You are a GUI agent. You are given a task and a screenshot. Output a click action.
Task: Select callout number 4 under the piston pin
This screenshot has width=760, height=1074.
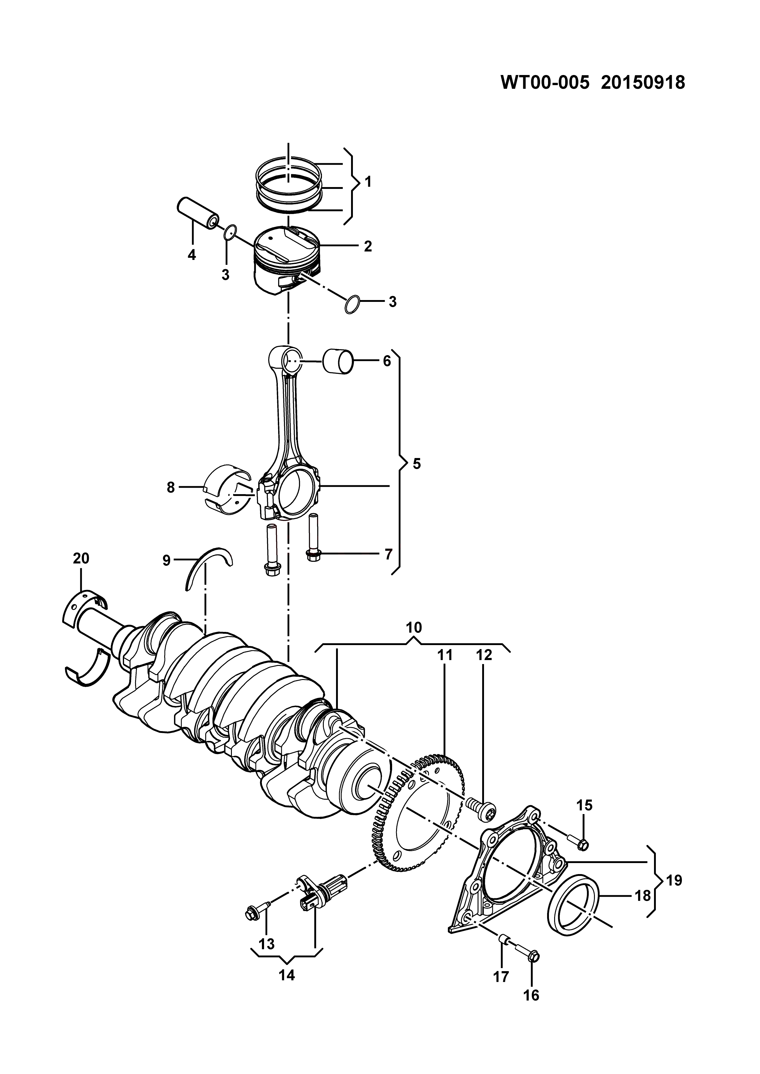pyautogui.click(x=192, y=255)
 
